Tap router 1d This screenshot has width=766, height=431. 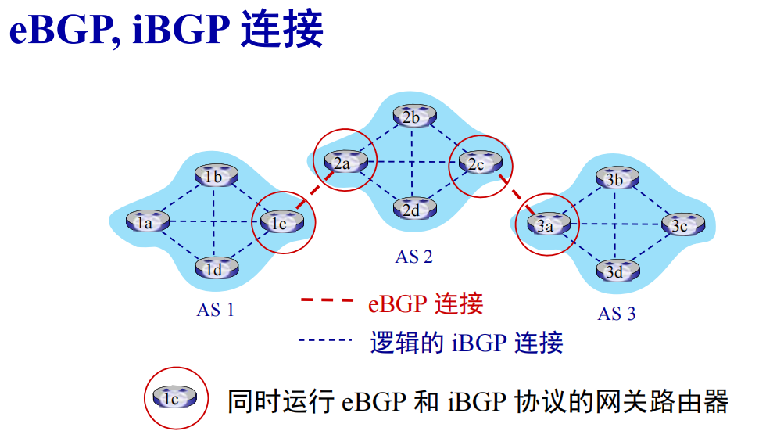click(215, 270)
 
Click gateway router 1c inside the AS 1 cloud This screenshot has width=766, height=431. click(280, 222)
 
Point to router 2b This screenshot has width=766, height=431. click(413, 117)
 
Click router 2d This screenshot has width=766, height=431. click(413, 209)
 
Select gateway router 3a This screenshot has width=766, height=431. click(546, 225)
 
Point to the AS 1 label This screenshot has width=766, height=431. click(215, 310)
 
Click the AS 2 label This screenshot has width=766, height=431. click(413, 256)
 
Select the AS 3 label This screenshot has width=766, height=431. click(617, 314)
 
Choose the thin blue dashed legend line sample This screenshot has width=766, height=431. click(328, 341)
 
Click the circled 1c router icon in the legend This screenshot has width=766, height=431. click(175, 398)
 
